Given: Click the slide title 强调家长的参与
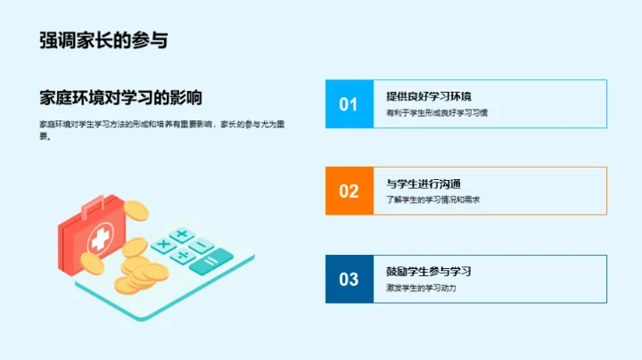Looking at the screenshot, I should pos(103,40).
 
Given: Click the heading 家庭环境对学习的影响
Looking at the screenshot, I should pos(120,98).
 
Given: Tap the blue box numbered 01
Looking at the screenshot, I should pos(349,104).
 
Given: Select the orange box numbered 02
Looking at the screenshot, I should pos(349,191).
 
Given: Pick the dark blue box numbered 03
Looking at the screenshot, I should pos(349,279).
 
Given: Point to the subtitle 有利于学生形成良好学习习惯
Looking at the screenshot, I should pos(437,113).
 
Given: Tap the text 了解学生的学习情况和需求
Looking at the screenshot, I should pos(433,200).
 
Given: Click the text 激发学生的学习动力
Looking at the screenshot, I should pos(422,288).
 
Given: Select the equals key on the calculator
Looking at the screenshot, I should pos(212,261).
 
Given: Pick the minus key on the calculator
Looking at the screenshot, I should pos(202,246).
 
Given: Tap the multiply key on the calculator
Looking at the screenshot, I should pos(162,244).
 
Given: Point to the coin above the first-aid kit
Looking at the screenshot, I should pos(135,210).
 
